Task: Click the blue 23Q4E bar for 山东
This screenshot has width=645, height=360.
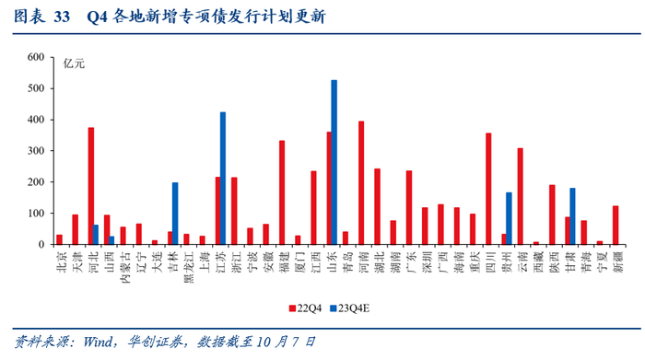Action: tap(334, 162)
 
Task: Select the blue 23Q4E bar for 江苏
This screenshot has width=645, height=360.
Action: tap(223, 179)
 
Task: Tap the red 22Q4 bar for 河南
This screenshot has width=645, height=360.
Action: tap(361, 183)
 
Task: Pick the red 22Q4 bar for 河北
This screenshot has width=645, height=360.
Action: tap(91, 186)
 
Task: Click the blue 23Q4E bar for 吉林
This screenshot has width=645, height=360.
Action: tap(175, 214)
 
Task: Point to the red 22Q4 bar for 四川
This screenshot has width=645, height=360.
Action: tap(488, 189)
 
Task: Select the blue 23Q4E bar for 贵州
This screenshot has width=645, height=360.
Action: tap(509, 218)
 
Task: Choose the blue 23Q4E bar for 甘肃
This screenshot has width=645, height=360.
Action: tap(572, 216)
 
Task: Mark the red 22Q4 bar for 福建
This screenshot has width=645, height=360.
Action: tap(282, 192)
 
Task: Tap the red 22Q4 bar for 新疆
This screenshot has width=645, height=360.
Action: tap(616, 226)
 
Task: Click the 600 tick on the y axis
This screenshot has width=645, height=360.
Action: tap(36, 57)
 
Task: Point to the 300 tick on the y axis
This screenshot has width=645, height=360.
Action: tap(36, 151)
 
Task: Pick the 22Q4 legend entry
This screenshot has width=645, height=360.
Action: tap(305, 308)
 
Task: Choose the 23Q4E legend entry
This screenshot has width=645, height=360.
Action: tap(349, 308)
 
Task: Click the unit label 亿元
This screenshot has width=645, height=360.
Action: tap(74, 64)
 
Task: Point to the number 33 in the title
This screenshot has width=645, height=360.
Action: tap(62, 17)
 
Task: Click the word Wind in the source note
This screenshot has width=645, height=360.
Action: tap(98, 342)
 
